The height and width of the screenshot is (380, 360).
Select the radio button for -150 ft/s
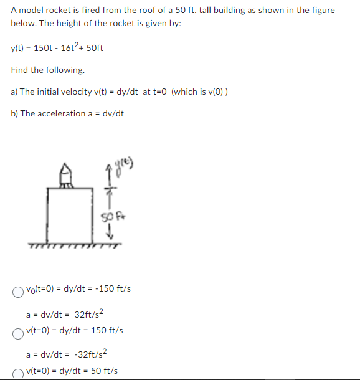pos(17,290)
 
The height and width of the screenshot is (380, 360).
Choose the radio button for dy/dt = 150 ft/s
pos(17,331)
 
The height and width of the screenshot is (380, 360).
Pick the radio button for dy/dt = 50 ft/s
pos(17,373)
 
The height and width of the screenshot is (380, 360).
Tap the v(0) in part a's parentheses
pos(213,92)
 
